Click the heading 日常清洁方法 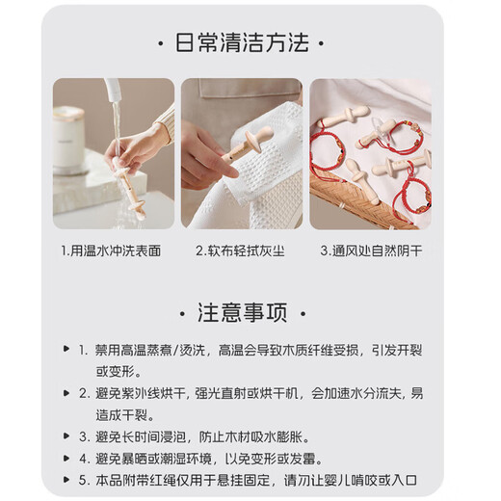tap(250, 43)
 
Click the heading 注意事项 tap(250, 313)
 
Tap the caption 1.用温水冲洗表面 tap(114, 250)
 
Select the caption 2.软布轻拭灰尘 tap(241, 250)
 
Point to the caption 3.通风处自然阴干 tap(370, 250)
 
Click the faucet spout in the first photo tap(114, 92)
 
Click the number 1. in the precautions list tap(84, 350)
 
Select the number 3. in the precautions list tap(84, 435)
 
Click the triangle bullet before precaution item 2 tap(66, 393)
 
